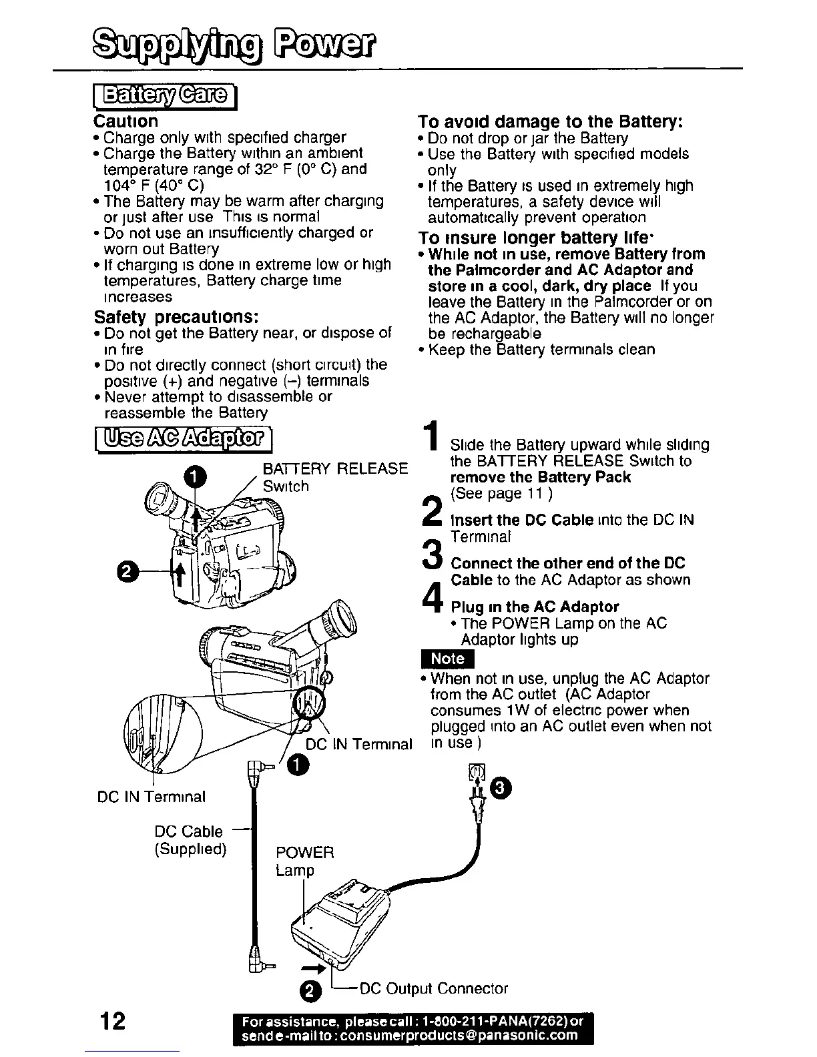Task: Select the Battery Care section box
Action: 165,97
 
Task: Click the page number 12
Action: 111,1021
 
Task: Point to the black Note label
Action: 447,658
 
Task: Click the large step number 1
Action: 433,435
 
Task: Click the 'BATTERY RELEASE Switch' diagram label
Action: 334,477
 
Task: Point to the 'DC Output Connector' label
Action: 434,988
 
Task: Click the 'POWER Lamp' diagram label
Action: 304,861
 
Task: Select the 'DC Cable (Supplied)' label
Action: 190,840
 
